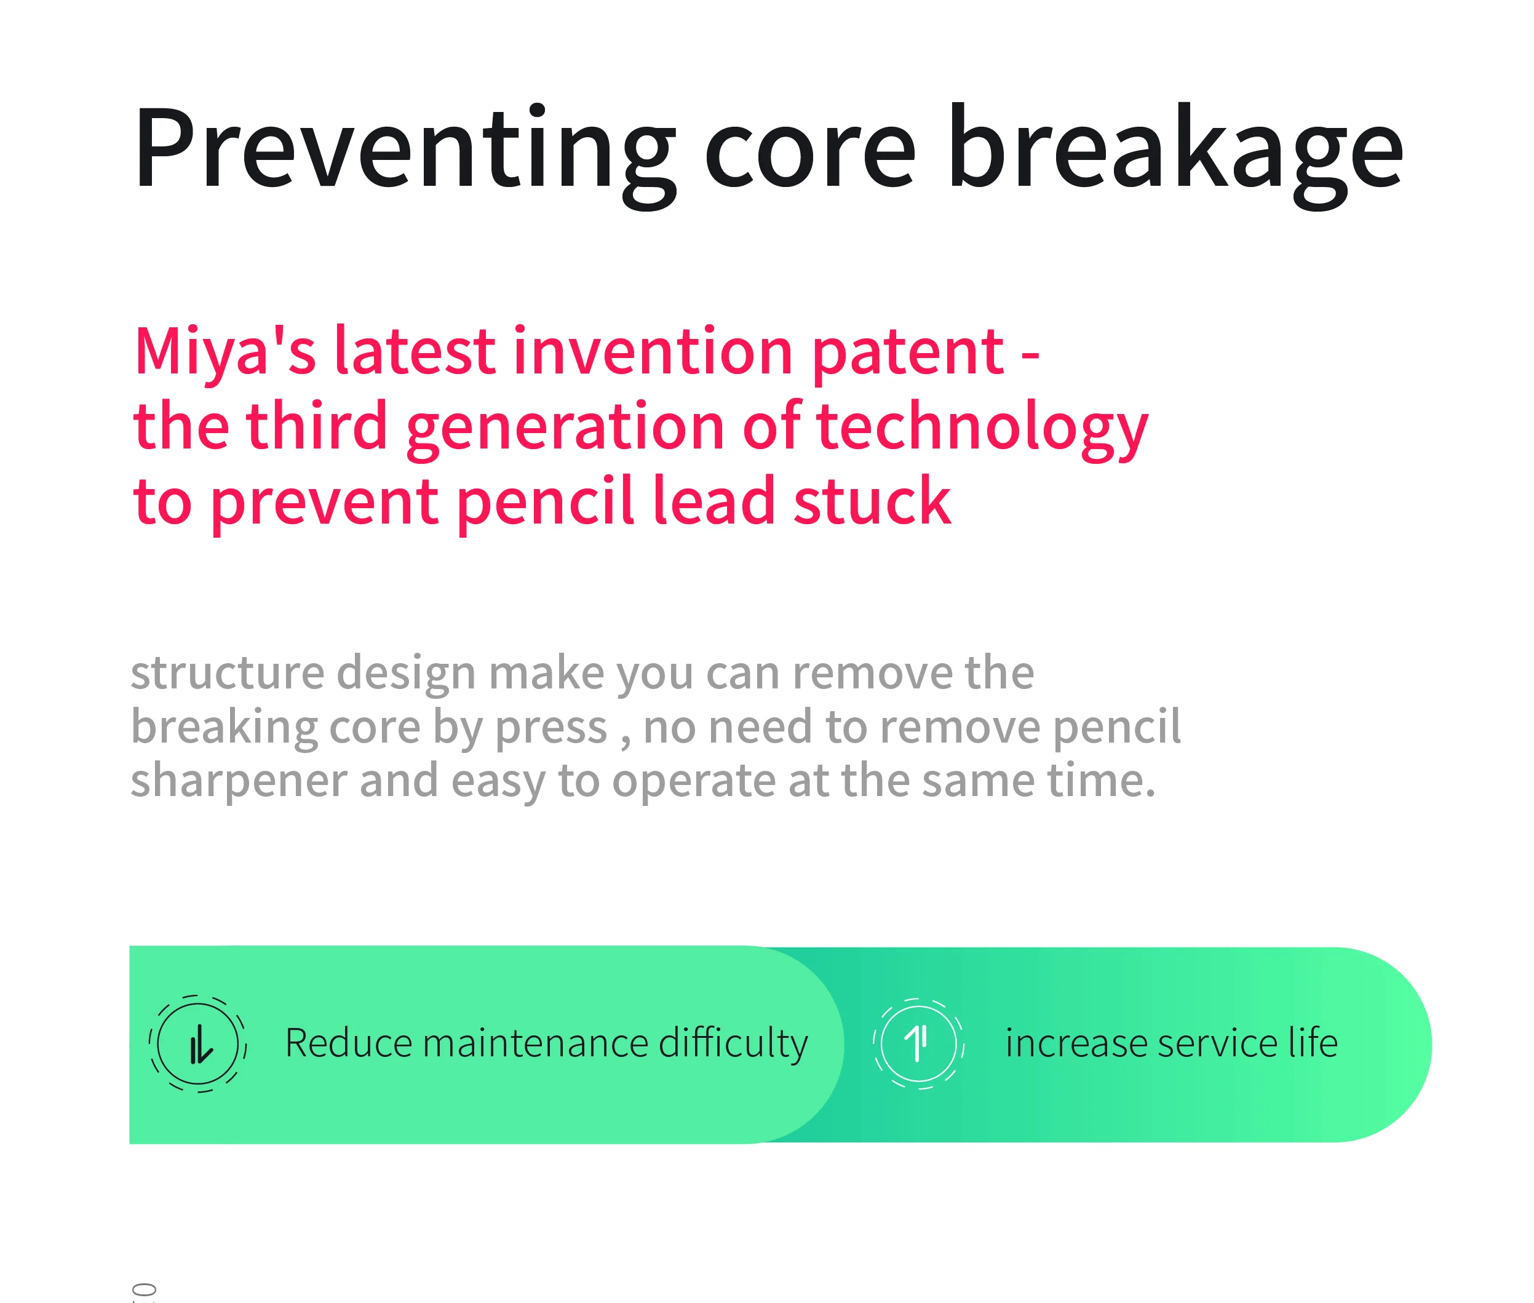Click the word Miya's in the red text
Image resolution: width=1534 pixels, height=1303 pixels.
[225, 353]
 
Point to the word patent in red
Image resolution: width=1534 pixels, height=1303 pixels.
[908, 354]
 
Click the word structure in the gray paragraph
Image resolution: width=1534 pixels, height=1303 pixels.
[228, 674]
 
